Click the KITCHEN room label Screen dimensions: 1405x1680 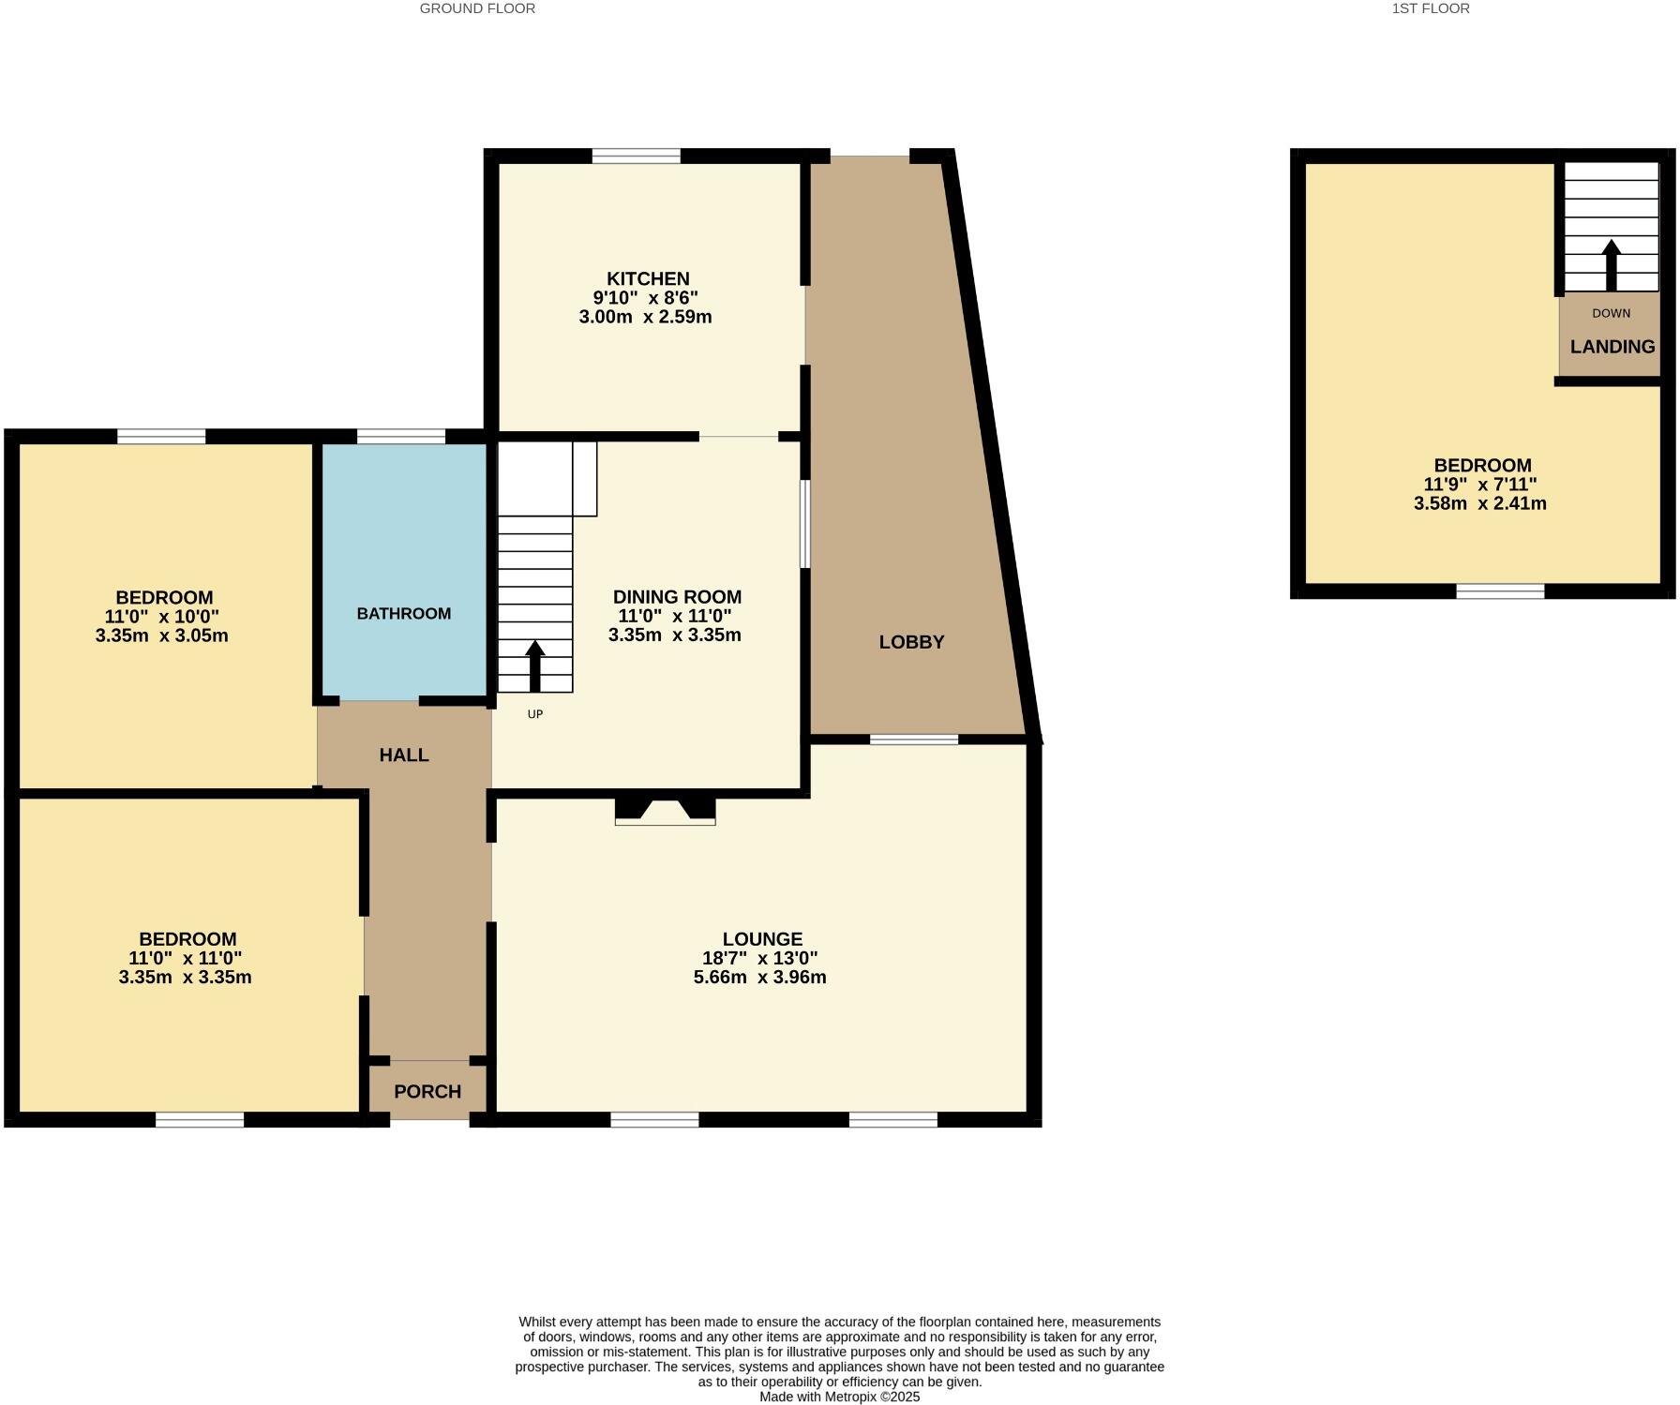click(648, 278)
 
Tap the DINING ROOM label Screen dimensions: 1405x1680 click(677, 597)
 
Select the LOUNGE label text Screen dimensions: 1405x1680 click(762, 939)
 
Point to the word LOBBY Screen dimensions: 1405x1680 click(911, 642)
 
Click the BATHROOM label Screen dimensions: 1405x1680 click(403, 614)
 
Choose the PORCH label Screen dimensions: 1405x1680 click(427, 1092)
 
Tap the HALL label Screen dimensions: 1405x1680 click(404, 755)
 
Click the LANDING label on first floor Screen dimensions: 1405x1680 click(1612, 347)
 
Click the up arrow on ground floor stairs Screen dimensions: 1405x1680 click(535, 665)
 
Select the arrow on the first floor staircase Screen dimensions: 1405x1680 click(1612, 264)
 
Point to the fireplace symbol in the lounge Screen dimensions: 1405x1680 click(665, 811)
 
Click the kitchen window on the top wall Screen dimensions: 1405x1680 click(637, 156)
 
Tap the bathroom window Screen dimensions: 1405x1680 click(401, 436)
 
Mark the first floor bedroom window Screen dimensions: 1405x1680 click(1500, 590)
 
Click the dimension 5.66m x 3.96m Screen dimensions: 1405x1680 click(759, 978)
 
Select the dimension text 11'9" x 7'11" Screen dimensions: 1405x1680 click(1480, 485)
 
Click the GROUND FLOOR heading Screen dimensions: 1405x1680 click(477, 8)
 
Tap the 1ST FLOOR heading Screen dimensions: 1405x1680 click(1431, 8)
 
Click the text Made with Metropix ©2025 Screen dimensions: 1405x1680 click(839, 1397)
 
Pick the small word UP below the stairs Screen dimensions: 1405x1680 click(535, 714)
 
